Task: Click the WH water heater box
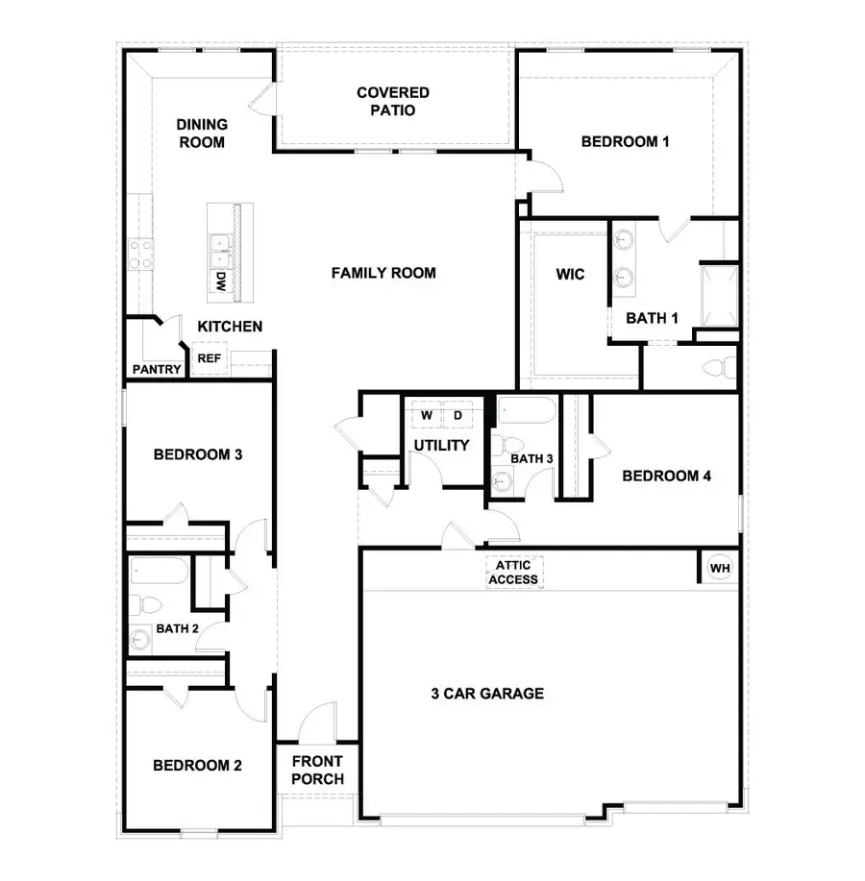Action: pos(720,568)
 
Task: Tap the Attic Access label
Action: pos(514,573)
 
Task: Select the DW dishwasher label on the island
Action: pos(220,281)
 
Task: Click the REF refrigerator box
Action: pos(209,358)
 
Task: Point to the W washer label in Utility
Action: pos(425,415)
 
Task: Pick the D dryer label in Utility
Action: pos(457,415)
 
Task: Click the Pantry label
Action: pos(156,369)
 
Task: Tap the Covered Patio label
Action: pos(392,101)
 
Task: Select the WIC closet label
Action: pos(570,275)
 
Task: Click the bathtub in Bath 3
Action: pos(525,414)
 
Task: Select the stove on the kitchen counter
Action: pos(140,255)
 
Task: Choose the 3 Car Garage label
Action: pos(486,693)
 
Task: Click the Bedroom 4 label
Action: pos(666,476)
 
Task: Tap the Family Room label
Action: pos(383,273)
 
